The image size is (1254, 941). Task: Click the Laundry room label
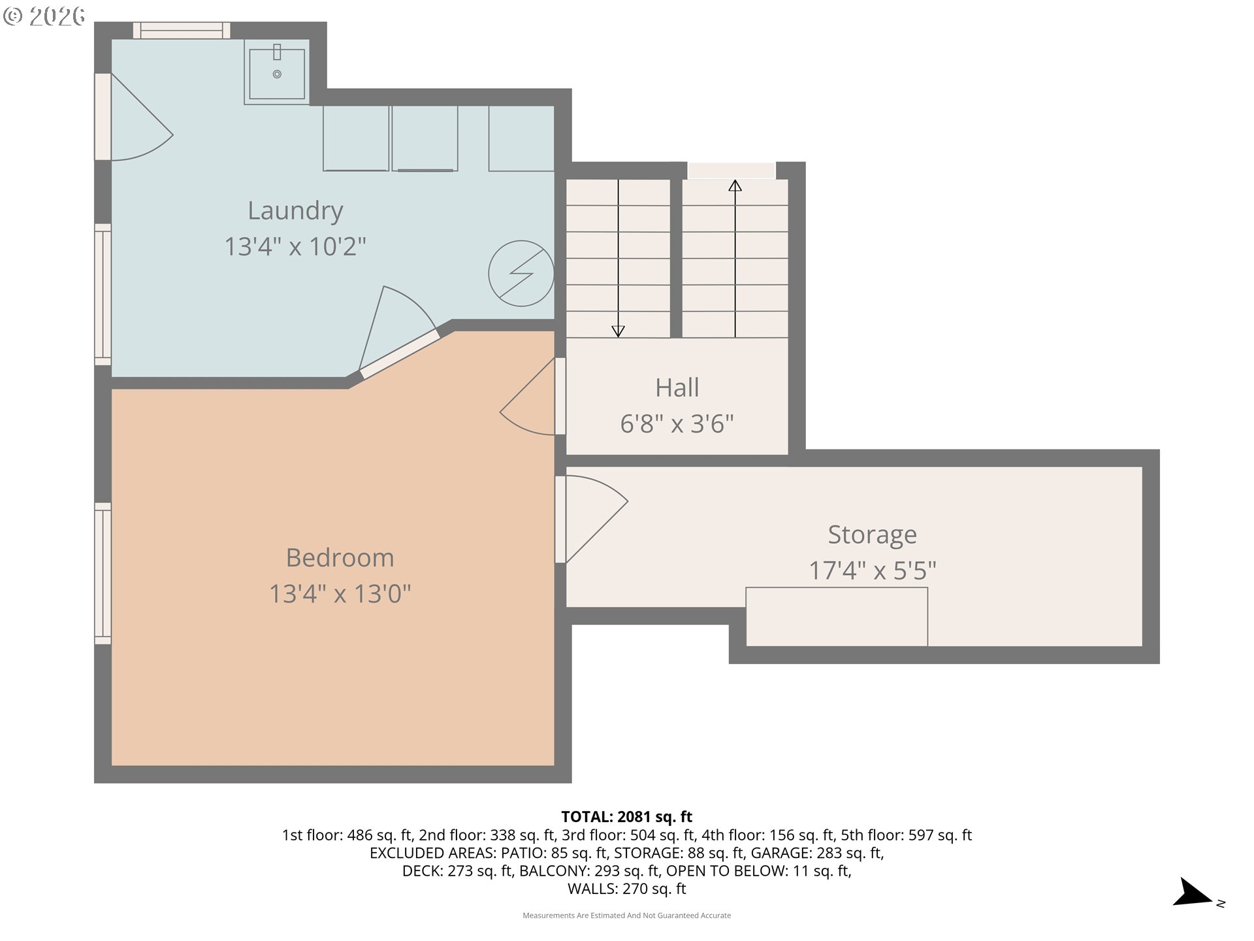pyautogui.click(x=295, y=210)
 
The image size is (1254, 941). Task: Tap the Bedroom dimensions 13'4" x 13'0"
pyautogui.click(x=340, y=593)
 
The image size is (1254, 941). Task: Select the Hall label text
pyautogui.click(x=677, y=388)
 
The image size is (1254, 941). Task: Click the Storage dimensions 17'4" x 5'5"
pyautogui.click(x=872, y=570)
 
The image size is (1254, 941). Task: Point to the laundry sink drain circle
pyautogui.click(x=277, y=74)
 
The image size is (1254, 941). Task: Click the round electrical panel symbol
pyautogui.click(x=521, y=274)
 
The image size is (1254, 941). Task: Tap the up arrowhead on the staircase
pyautogui.click(x=735, y=186)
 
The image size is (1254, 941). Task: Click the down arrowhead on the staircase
pyautogui.click(x=618, y=331)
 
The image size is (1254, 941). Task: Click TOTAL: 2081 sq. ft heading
pyautogui.click(x=626, y=817)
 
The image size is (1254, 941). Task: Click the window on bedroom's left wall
pyautogui.click(x=103, y=573)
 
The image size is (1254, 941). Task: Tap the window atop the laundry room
pyautogui.click(x=182, y=30)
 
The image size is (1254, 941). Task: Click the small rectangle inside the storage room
pyautogui.click(x=836, y=616)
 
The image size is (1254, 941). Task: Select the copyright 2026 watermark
pyautogui.click(x=44, y=16)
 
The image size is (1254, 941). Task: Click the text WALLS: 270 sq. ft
pyautogui.click(x=626, y=889)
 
